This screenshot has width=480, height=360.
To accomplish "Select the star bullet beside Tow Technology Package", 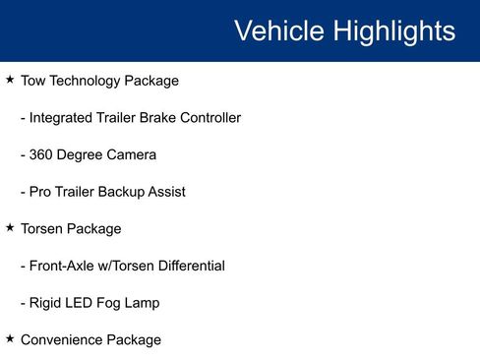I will coord(10,79).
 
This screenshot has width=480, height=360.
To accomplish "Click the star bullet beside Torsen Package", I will coord(10,227).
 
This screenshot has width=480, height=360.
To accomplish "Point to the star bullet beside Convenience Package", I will coord(10,338).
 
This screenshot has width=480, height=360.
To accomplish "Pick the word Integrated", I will coord(61,118).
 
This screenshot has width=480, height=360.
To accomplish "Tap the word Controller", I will coord(207,118).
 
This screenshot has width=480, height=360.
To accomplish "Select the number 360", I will coord(43,154).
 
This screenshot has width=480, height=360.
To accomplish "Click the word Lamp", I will coord(141,303).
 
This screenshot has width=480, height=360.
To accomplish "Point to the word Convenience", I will coord(62,340).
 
